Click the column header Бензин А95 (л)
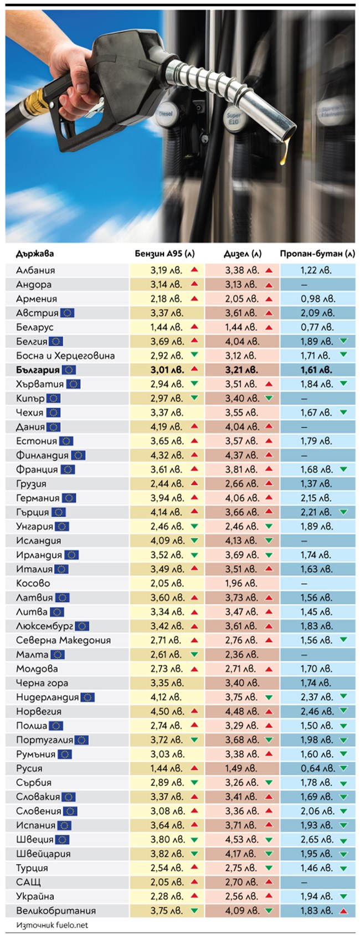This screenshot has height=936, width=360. click(x=164, y=254)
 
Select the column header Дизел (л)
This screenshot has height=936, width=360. click(x=242, y=254)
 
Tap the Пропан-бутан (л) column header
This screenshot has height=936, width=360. click(x=317, y=254)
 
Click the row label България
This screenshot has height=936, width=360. click(x=38, y=370)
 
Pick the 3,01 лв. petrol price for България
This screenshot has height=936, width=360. click(x=166, y=370)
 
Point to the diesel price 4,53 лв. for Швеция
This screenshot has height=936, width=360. click(x=241, y=840)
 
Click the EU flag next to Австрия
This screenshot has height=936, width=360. click(x=67, y=313)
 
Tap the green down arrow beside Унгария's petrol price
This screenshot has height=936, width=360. click(x=194, y=527)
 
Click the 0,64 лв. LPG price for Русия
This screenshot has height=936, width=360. click(x=317, y=768)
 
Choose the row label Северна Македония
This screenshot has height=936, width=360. click(x=63, y=640)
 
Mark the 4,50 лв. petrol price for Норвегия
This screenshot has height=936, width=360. click(x=166, y=712)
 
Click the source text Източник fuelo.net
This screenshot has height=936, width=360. click(x=52, y=925)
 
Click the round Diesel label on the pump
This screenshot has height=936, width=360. click(x=165, y=113)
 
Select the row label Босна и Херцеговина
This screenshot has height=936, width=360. click(x=65, y=356)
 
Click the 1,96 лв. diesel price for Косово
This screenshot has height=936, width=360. click(x=241, y=583)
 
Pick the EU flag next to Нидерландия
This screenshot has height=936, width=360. click(x=88, y=697)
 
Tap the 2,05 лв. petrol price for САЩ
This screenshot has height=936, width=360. click(x=166, y=882)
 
